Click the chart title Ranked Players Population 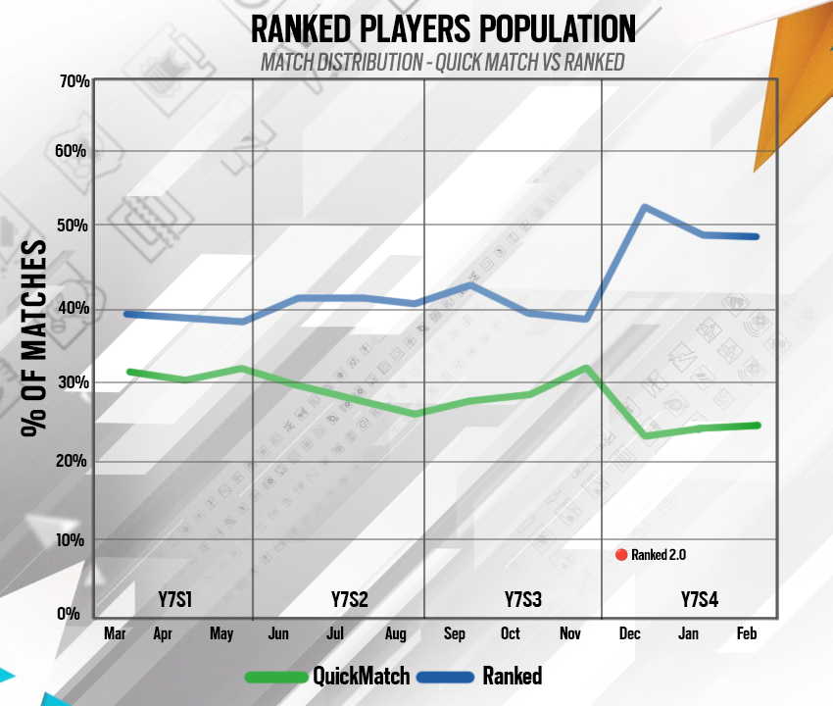pos(443,28)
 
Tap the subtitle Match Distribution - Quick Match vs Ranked pos(442,62)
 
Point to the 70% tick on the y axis pos(74,81)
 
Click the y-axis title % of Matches pos(33,337)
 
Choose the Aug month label pos(395,634)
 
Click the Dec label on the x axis pos(630,634)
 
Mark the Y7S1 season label pos(175,599)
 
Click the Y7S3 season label pos(523,599)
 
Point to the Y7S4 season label pos(699,599)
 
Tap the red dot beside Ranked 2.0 pos(620,554)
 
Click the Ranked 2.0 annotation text pos(658,554)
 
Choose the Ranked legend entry pos(481,676)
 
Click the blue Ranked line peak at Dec pos(643,207)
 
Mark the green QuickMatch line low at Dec pos(644,434)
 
